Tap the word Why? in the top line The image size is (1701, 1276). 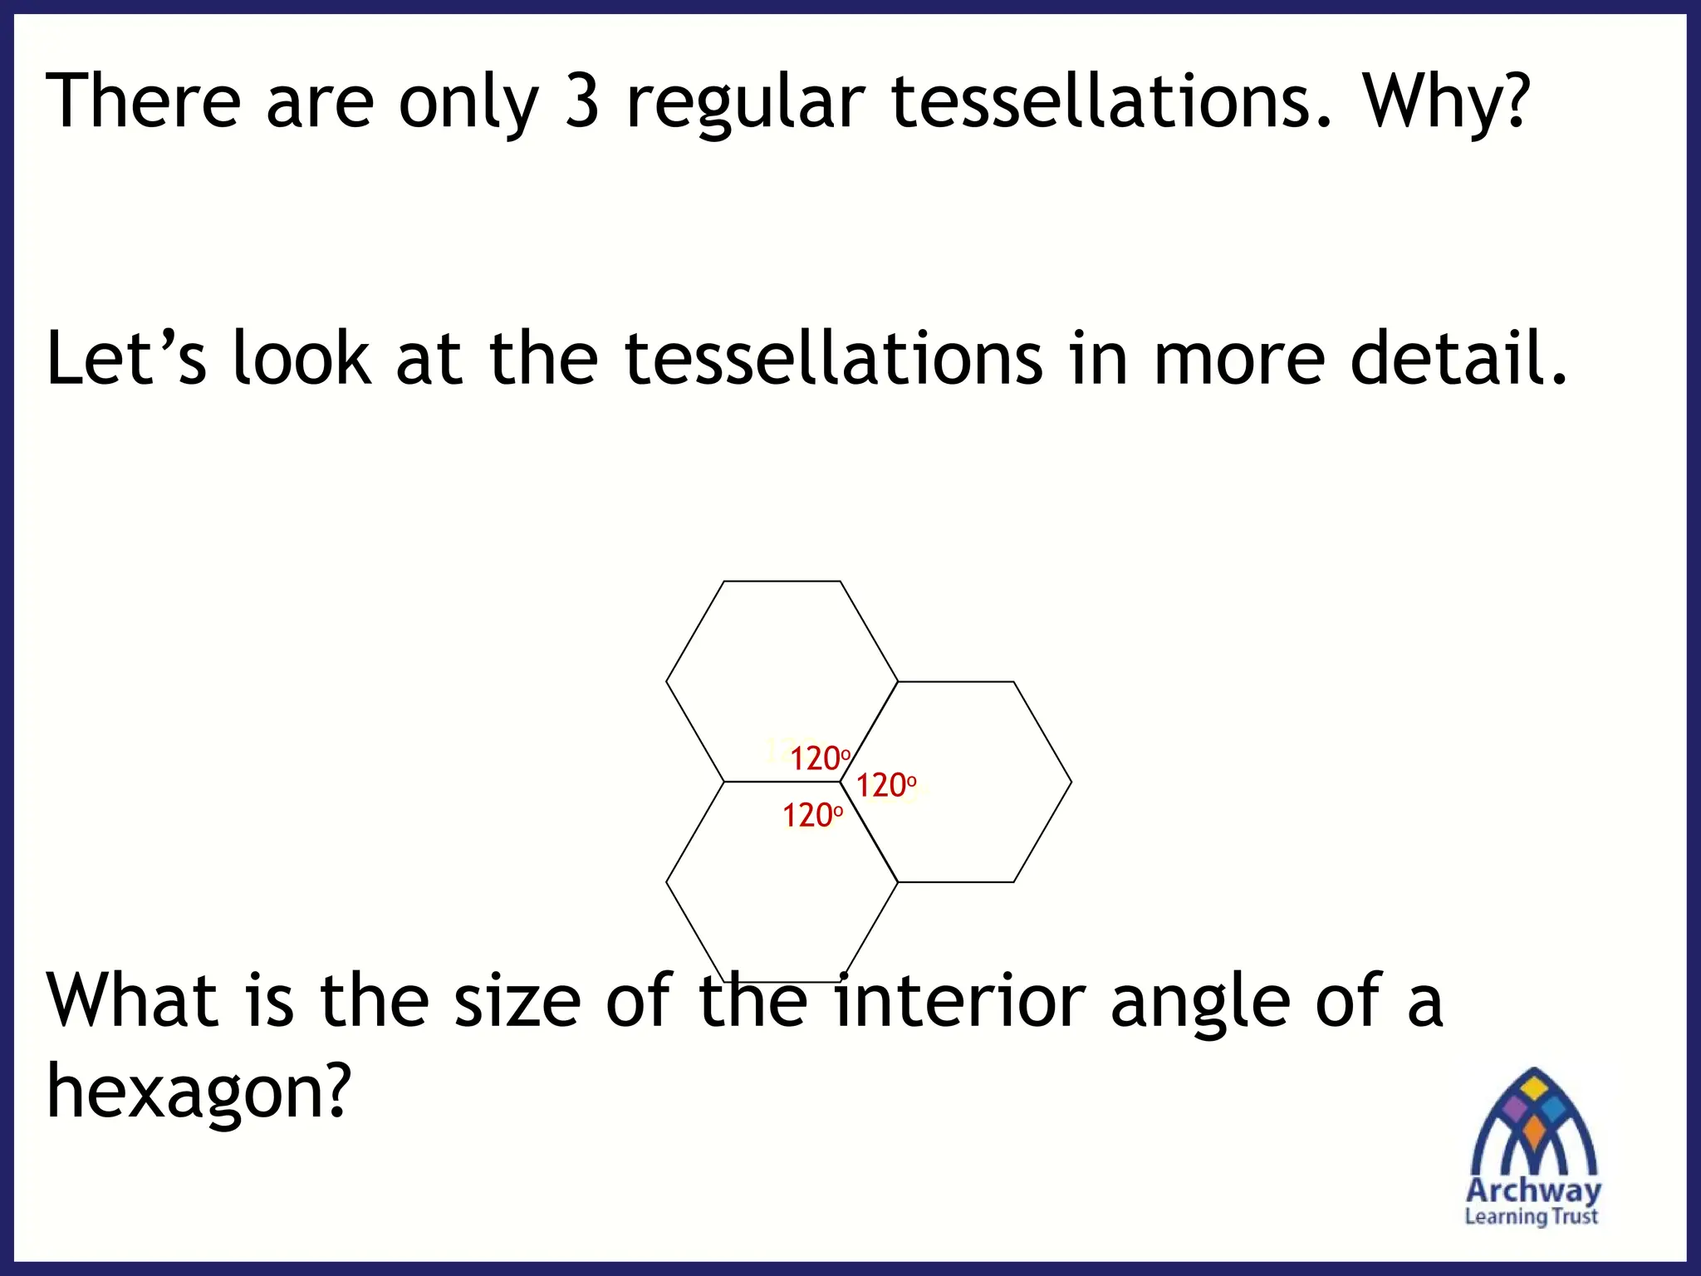[1445, 101]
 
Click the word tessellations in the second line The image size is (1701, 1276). [833, 358]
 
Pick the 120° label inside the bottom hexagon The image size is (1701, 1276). [812, 816]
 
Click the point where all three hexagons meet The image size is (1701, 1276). [840, 782]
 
